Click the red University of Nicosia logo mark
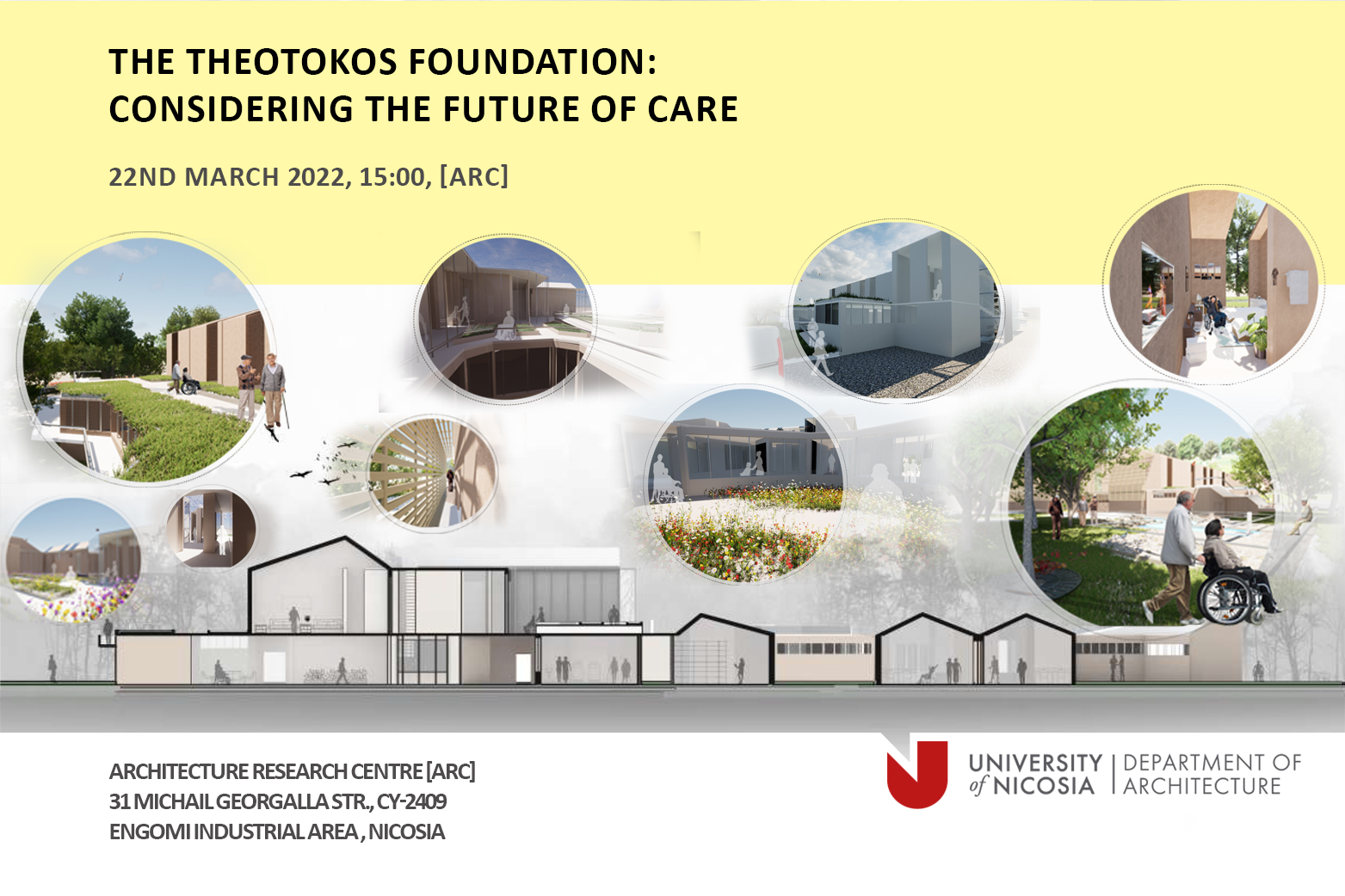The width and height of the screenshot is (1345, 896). [916, 774]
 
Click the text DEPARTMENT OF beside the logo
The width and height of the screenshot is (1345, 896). [1212, 763]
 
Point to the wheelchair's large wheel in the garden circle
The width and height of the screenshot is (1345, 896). [1225, 597]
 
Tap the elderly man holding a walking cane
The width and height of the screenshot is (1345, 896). [273, 390]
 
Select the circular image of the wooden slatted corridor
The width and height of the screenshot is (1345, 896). [433, 474]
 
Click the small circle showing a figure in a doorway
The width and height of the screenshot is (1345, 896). [212, 528]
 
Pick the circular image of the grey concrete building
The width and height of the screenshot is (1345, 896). [896, 310]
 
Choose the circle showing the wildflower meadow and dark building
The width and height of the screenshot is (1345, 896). [744, 485]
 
